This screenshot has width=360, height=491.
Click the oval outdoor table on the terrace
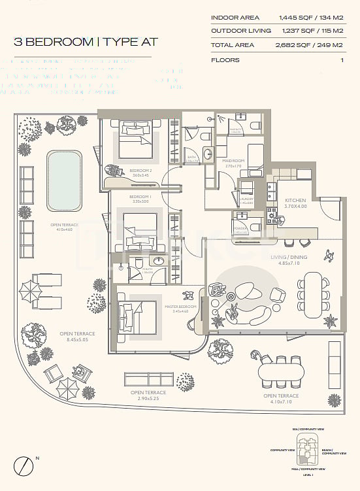(x=282, y=373)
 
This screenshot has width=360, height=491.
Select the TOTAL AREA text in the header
(x=233, y=45)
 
